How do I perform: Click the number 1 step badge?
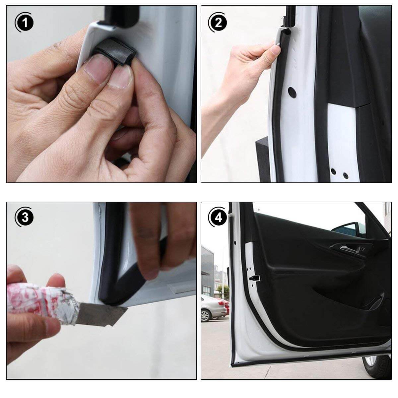[24, 23]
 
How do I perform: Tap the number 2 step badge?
[218, 23]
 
